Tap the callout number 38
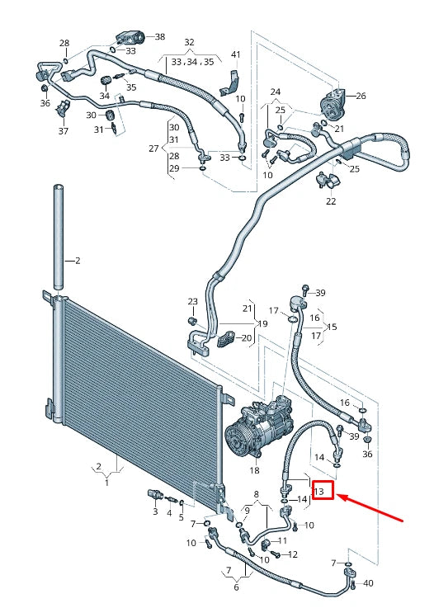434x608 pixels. tap(159, 37)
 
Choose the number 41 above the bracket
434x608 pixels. tap(235, 54)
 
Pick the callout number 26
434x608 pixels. tap(361, 96)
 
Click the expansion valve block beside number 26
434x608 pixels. tap(334, 98)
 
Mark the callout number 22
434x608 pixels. tap(331, 201)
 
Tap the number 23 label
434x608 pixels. tap(192, 301)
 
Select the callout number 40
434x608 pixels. tap(367, 584)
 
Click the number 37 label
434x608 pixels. tap(64, 131)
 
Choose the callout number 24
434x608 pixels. tap(275, 92)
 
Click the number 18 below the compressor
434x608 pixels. tap(254, 470)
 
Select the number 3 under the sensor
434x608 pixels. tap(154, 512)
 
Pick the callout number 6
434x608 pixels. tap(236, 587)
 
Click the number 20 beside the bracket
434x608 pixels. tap(246, 338)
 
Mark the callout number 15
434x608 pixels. tap(332, 327)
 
